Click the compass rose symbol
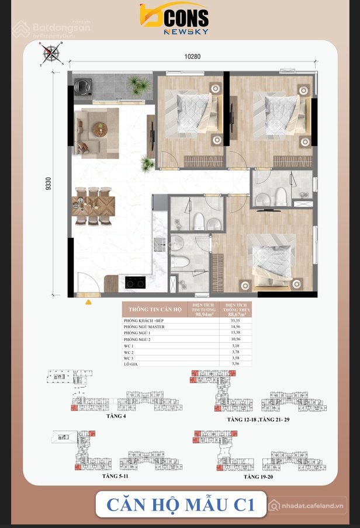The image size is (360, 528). tap(51, 54)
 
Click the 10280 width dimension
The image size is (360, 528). tap(192, 57)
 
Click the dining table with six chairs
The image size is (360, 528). tap(94, 205)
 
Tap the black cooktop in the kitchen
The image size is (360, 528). tap(136, 283)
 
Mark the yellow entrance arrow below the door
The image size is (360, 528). tap(88, 303)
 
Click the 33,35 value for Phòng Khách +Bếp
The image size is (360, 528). tap(236, 321)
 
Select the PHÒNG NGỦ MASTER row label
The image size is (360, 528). tap(144, 326)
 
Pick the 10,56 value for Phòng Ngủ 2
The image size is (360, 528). tap(236, 339)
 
